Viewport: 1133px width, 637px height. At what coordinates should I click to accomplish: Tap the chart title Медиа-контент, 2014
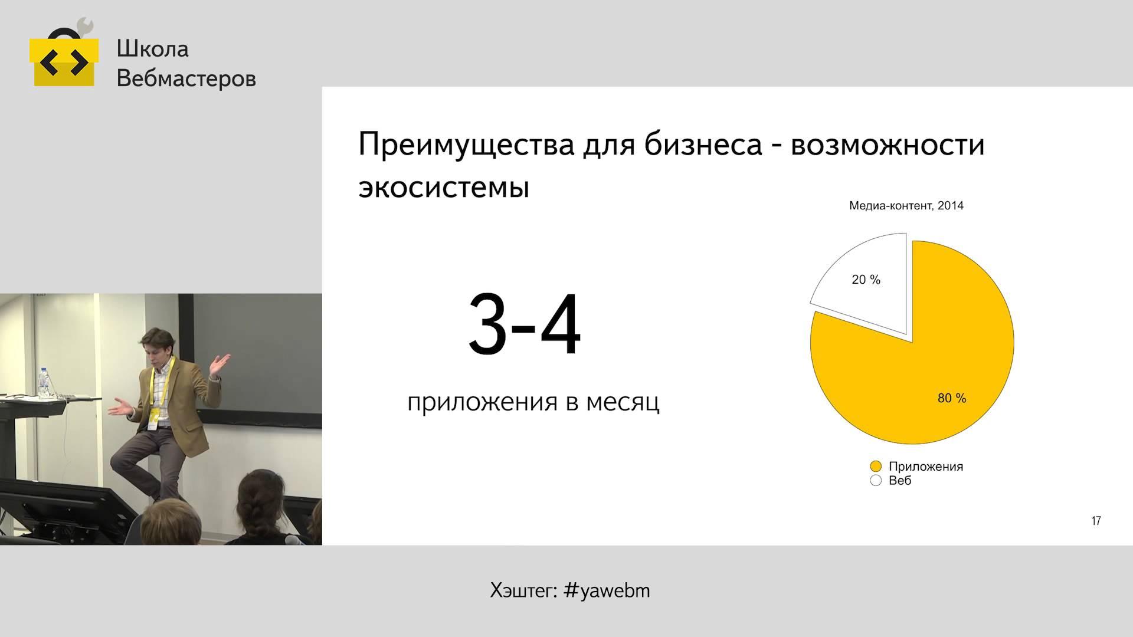tap(906, 206)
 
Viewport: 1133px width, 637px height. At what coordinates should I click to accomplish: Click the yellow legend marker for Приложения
tap(876, 467)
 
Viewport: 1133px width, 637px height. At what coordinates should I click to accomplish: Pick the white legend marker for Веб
tap(876, 481)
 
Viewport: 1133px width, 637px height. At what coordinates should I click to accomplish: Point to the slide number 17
tap(1096, 521)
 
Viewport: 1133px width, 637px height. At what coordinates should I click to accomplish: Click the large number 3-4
tap(525, 324)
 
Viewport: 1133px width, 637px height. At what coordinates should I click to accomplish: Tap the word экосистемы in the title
tap(444, 188)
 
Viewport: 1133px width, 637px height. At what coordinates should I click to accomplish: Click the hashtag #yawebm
tap(607, 590)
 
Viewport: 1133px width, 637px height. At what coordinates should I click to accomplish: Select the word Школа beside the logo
tap(152, 49)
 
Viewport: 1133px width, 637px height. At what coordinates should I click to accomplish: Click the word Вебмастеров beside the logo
tap(186, 78)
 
